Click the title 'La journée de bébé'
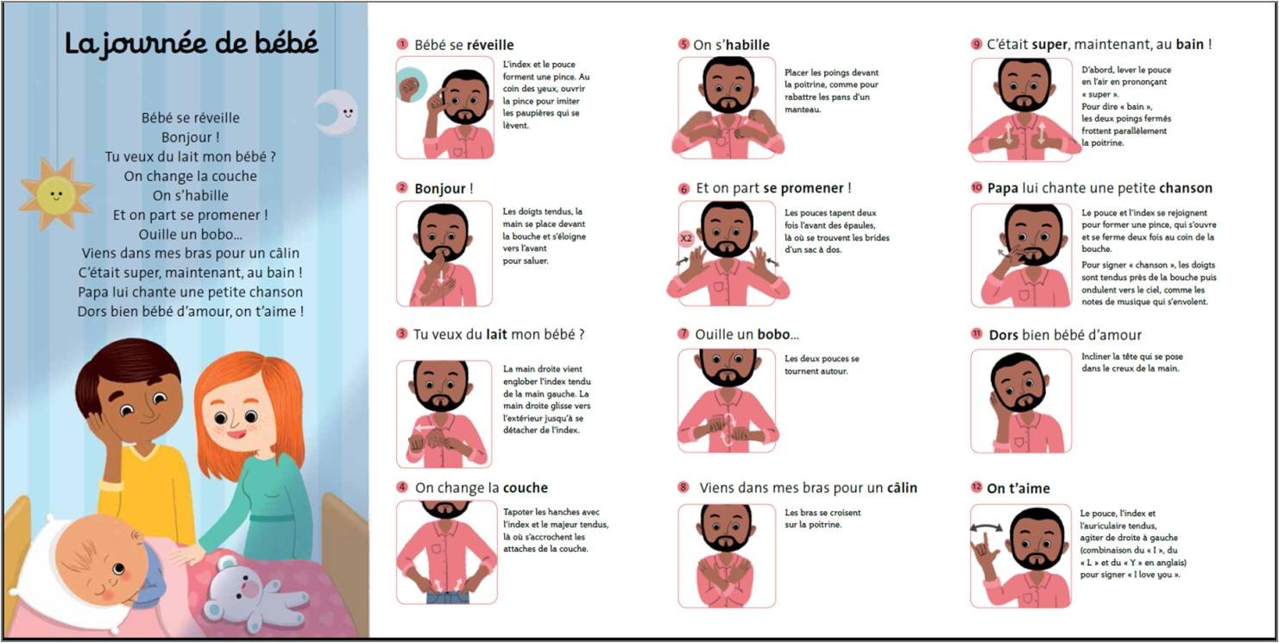coord(192,43)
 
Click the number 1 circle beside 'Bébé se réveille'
coord(402,44)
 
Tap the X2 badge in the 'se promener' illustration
coord(686,237)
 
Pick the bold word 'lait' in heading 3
coord(496,334)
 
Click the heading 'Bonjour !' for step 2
coord(444,188)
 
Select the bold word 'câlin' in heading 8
coord(897,488)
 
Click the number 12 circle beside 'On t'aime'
coord(976,488)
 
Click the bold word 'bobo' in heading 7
coord(773,334)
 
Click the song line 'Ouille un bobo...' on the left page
coord(191,234)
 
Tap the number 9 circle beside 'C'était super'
coord(976,44)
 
